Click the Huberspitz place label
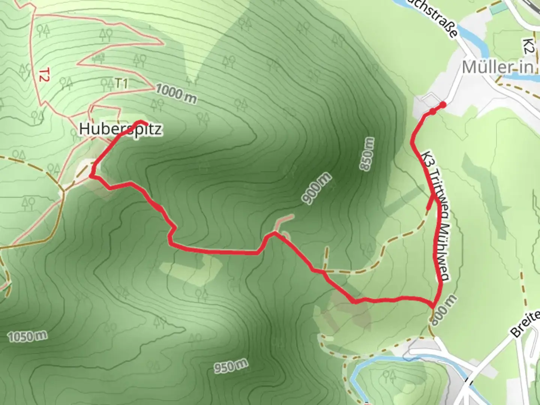121,129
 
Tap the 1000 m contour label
176,94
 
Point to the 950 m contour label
231,366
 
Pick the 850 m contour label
367,154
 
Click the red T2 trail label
44,74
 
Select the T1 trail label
121,83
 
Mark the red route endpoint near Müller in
443,105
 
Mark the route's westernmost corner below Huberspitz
91,175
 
